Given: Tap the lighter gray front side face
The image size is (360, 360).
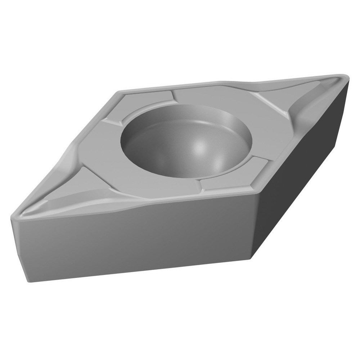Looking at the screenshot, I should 137,241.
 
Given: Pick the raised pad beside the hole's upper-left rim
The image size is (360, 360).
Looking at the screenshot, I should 144,104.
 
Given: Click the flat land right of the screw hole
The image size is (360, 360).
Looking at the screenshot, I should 259,137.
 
